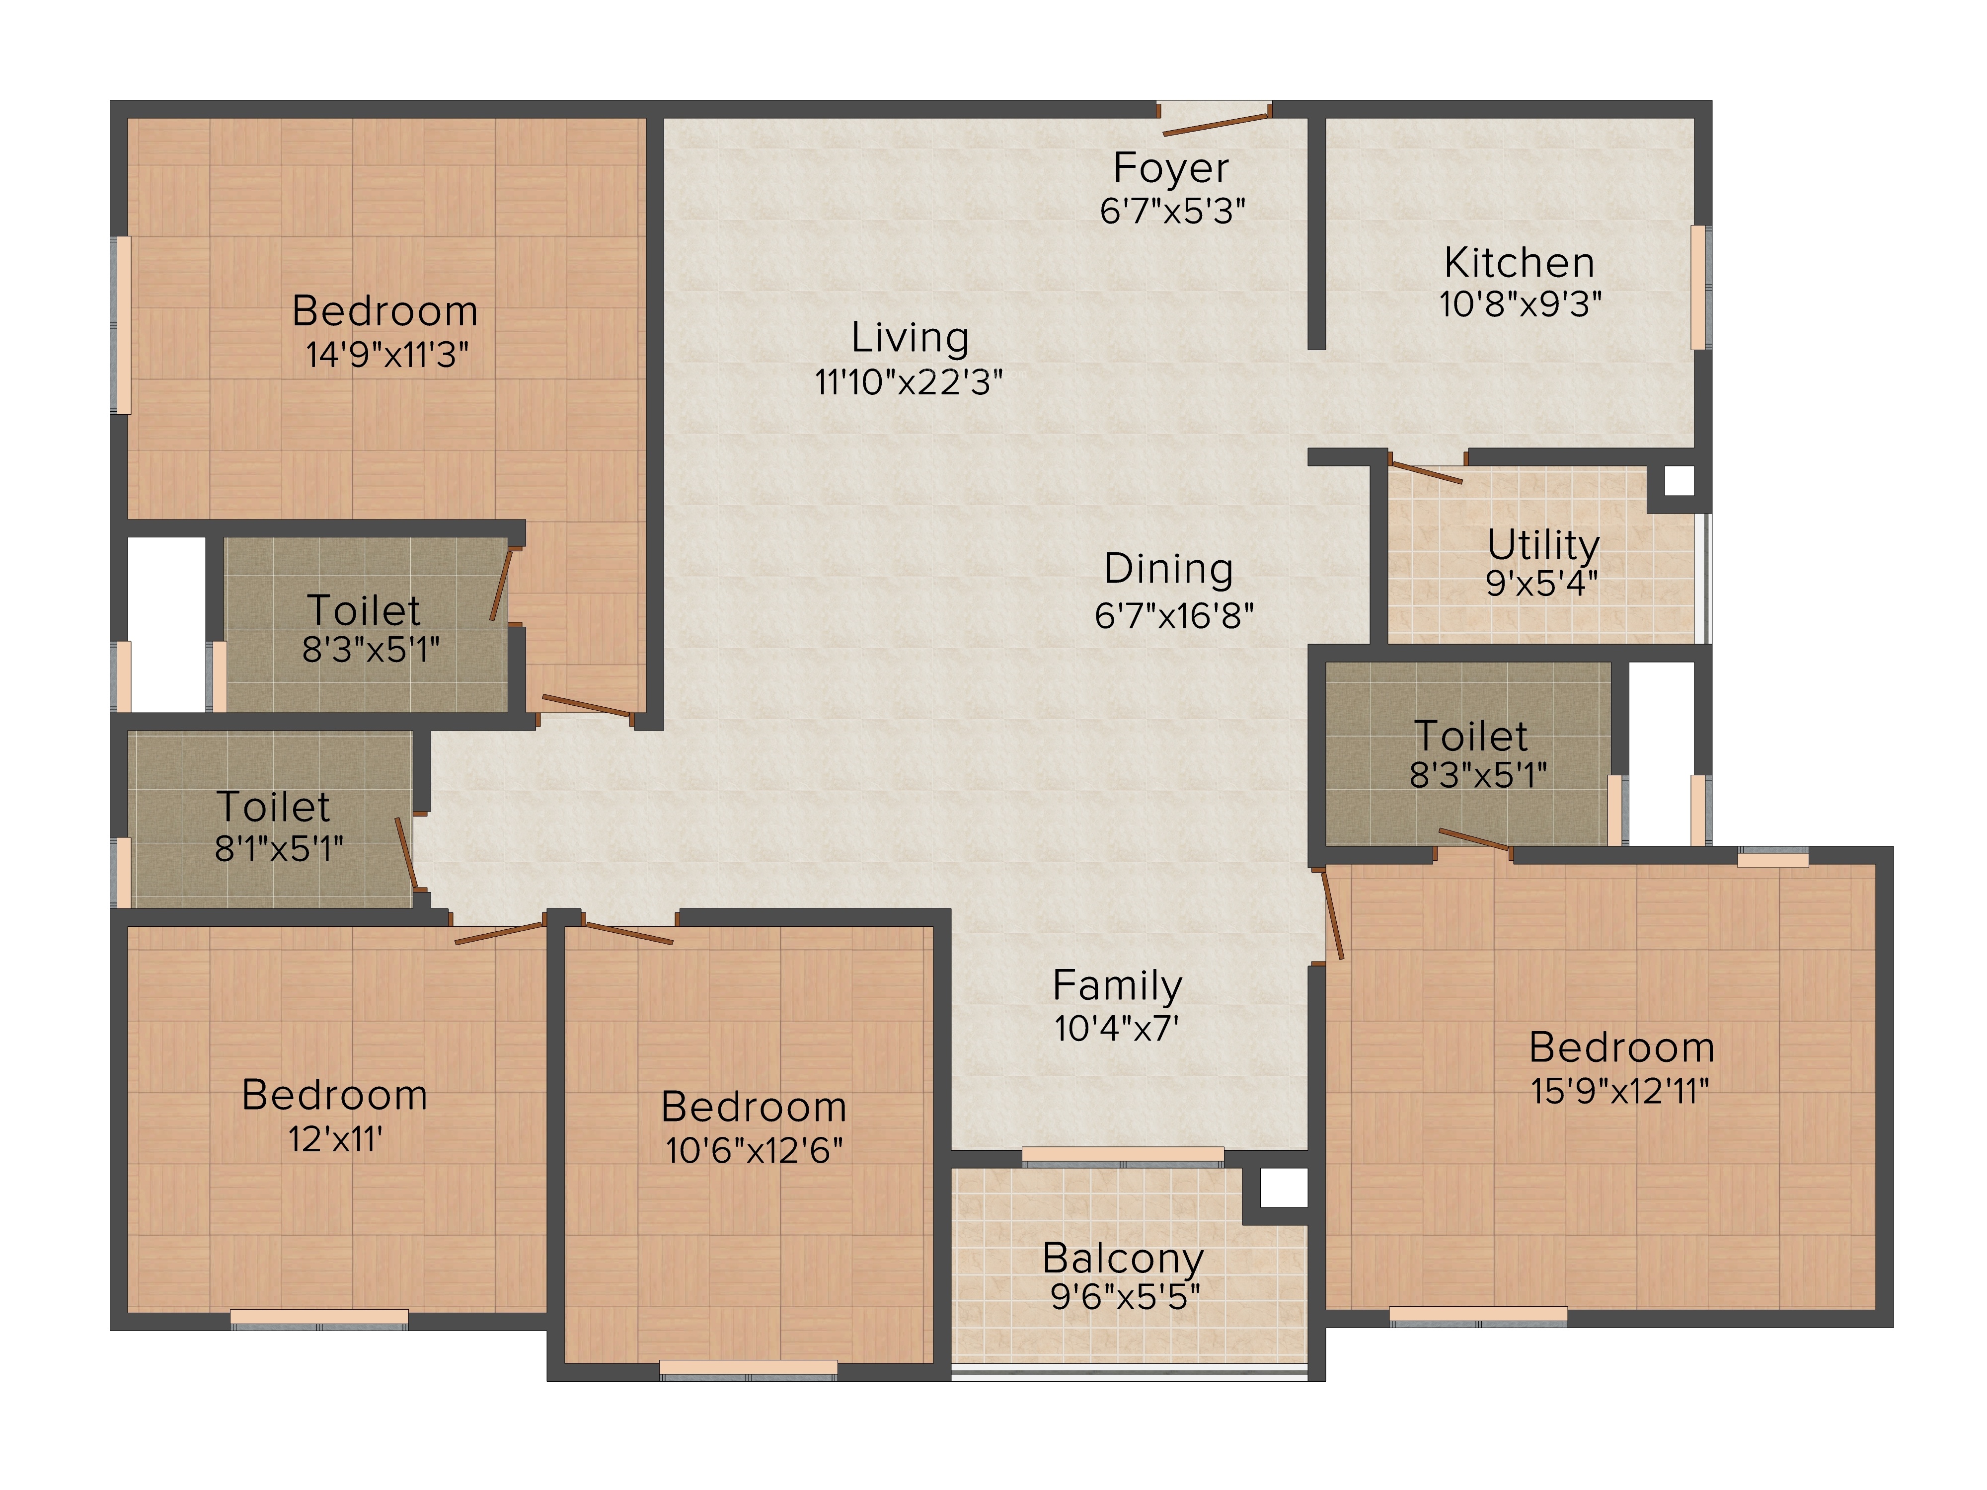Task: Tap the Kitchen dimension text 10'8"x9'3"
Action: coord(1520,304)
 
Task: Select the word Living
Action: coord(910,338)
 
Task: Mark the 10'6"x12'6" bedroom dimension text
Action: coord(754,1150)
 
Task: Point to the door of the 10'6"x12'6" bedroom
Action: coord(628,931)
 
